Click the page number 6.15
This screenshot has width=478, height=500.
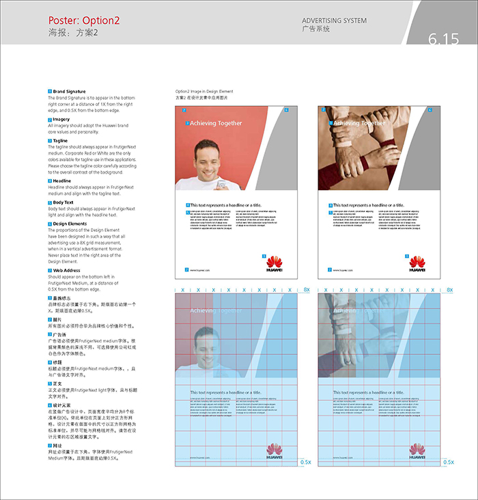pyautogui.click(x=444, y=39)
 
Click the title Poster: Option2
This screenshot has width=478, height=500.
pyautogui.click(x=84, y=21)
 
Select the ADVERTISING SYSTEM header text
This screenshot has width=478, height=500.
pyautogui.click(x=334, y=21)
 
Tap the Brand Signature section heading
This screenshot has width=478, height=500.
pyautogui.click(x=70, y=91)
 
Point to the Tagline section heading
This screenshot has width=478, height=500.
pyautogui.click(x=61, y=140)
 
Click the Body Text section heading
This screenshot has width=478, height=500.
pyautogui.click(x=64, y=202)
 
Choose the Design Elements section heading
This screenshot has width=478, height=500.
pyautogui.click(x=70, y=224)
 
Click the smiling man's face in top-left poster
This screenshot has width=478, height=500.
pyautogui.click(x=206, y=157)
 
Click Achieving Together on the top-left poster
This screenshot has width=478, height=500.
pyautogui.click(x=216, y=123)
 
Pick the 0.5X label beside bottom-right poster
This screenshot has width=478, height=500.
pyautogui.click(x=449, y=462)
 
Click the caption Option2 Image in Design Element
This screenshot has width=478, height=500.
pyautogui.click(x=204, y=91)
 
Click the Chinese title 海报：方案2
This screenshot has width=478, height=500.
pyautogui.click(x=73, y=32)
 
